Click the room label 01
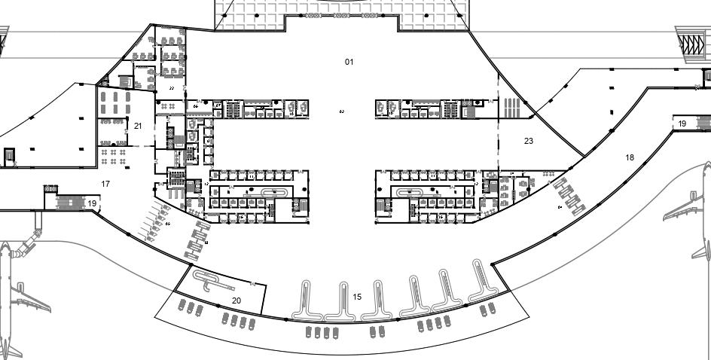point(349,62)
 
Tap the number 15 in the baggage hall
point(357,297)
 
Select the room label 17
point(105,184)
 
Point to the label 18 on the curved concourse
point(630,157)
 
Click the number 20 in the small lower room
point(236,301)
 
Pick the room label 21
point(138,126)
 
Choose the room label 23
point(529,141)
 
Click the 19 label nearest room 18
point(682,124)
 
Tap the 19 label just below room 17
point(92,203)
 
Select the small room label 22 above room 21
point(172,88)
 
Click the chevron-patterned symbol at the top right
point(690,43)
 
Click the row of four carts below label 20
point(236,322)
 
